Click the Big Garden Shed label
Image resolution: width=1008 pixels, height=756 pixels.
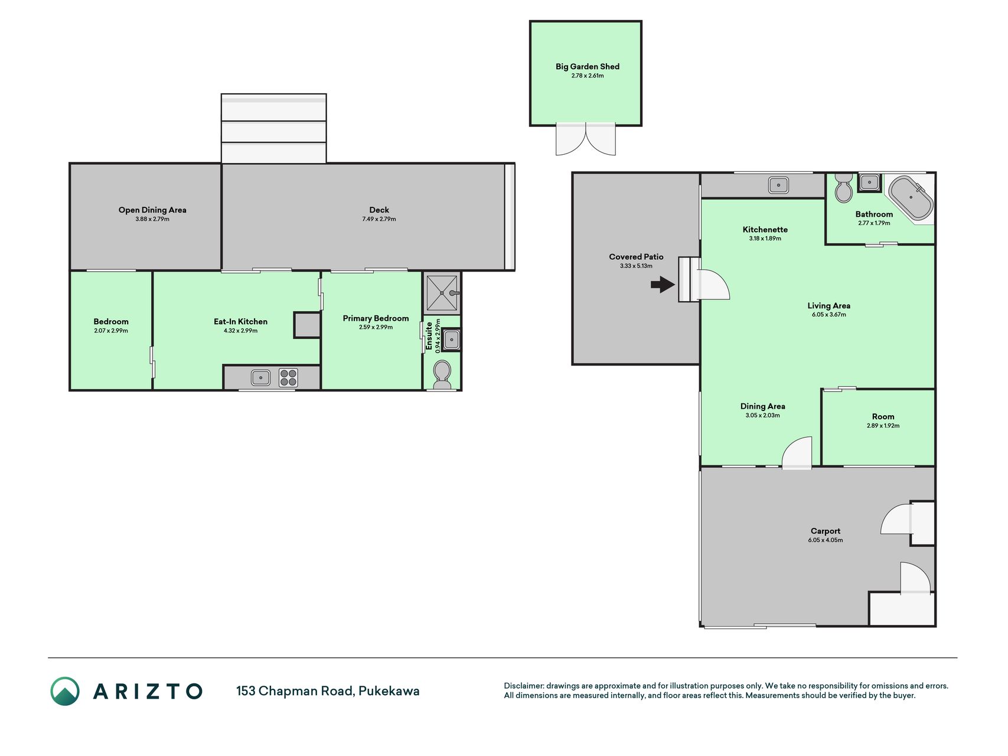(587, 67)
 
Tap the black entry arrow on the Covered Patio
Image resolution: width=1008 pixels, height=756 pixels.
(663, 285)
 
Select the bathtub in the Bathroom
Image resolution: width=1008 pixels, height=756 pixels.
(911, 197)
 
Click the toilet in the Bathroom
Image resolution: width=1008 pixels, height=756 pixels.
(843, 188)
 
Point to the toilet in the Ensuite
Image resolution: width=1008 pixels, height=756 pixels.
(442, 374)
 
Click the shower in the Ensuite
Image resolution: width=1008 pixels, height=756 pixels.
(442, 292)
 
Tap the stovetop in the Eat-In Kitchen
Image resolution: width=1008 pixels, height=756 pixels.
(288, 377)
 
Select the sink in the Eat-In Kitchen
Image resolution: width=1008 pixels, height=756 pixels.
(260, 377)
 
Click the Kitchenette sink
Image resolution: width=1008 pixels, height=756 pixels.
(778, 185)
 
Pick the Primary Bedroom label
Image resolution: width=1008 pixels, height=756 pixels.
(376, 318)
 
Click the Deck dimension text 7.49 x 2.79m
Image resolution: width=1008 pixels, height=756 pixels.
(379, 219)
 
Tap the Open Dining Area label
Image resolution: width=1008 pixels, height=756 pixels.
(152, 210)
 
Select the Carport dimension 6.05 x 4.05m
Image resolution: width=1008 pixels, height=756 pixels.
(826, 540)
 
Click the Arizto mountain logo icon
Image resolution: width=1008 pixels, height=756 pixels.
(65, 691)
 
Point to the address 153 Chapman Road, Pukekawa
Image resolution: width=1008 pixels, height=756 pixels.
(328, 691)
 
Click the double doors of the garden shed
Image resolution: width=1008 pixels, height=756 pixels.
(586, 139)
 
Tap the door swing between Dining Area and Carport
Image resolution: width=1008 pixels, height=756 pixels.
(797, 452)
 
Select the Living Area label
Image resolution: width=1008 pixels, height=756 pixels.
(829, 305)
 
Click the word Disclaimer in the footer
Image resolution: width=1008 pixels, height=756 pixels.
(523, 686)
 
